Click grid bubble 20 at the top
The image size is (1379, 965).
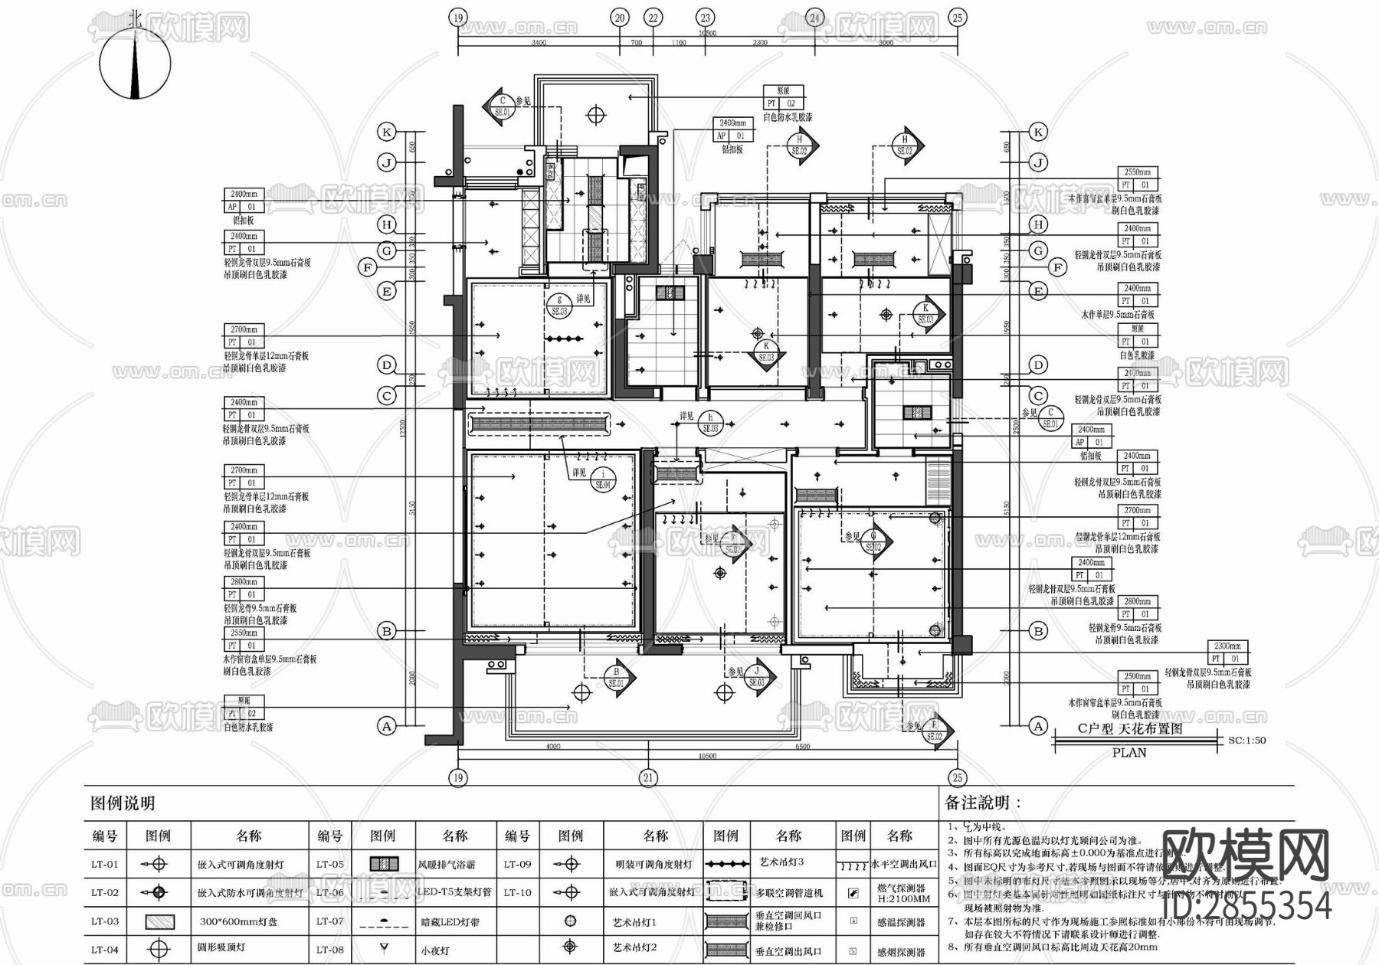619,18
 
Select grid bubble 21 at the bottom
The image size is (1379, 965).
649,778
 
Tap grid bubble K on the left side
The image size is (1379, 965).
387,132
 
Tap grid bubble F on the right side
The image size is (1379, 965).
1058,267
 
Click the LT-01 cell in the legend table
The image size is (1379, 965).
105,864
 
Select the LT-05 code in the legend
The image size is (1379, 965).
330,864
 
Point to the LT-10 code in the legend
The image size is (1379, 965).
517,892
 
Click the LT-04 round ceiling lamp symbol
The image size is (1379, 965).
158,950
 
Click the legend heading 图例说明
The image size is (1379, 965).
123,803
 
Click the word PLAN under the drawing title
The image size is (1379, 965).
1129,753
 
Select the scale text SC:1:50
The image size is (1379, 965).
1246,741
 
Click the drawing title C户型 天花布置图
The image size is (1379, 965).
1130,728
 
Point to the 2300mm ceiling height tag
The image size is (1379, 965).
1227,646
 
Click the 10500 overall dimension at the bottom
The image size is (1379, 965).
706,756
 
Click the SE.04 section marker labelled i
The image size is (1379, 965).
603,479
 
